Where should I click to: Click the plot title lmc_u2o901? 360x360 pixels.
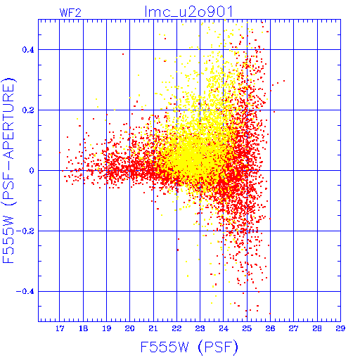click(x=188, y=11)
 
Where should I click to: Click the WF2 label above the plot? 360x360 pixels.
click(x=70, y=13)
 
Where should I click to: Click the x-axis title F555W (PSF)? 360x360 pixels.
click(x=189, y=347)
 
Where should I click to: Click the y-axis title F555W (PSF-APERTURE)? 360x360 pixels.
click(x=9, y=170)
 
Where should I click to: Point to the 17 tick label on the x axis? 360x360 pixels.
click(x=60, y=328)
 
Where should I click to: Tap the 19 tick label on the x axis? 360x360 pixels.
click(x=106, y=328)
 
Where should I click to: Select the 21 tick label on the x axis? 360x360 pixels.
click(x=153, y=328)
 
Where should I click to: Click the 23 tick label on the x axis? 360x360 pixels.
click(x=200, y=328)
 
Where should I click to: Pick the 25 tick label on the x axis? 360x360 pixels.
click(x=247, y=328)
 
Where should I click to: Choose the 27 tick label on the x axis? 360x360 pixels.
click(x=293, y=328)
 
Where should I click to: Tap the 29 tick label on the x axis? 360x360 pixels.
click(x=340, y=328)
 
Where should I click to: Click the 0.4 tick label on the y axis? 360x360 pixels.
click(x=28, y=50)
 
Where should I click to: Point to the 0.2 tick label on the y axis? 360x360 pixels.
click(x=28, y=110)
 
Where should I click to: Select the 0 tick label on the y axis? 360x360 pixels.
click(x=32, y=171)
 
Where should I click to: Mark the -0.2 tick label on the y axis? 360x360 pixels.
click(x=25, y=231)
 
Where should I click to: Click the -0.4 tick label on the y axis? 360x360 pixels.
click(x=25, y=292)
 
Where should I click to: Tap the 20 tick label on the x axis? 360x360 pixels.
click(x=129, y=328)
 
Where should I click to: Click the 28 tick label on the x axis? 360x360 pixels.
click(x=317, y=328)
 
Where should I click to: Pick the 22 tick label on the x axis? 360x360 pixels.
click(x=176, y=328)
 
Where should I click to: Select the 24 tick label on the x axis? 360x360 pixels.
click(x=224, y=328)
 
